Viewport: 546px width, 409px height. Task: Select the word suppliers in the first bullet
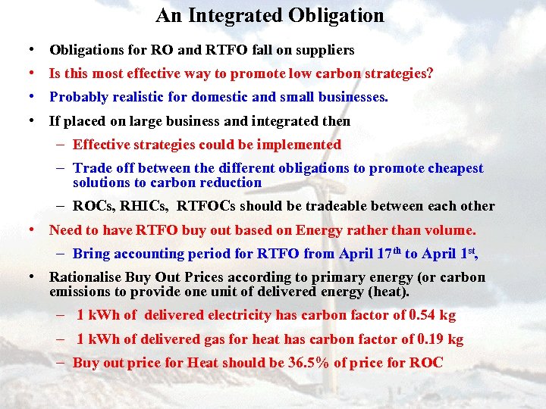[325, 50]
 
